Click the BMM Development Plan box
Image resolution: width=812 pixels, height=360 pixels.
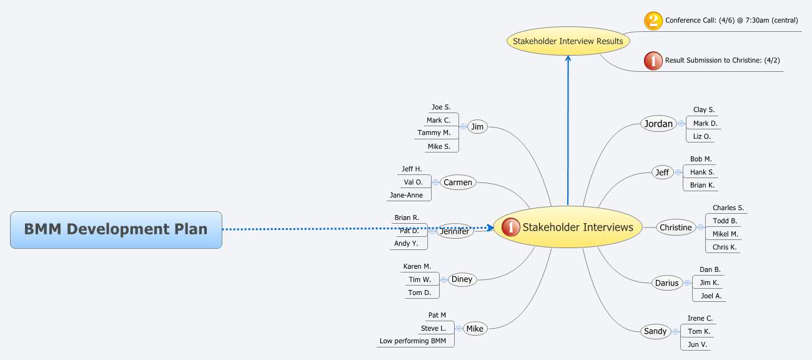tap(116, 229)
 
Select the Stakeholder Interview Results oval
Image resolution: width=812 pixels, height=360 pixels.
tap(568, 41)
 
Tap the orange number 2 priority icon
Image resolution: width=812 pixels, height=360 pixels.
tap(653, 21)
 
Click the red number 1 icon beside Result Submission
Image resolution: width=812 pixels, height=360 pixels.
tap(653, 61)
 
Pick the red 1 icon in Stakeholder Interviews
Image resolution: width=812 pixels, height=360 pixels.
tap(511, 227)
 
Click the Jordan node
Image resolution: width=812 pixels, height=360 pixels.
tap(658, 124)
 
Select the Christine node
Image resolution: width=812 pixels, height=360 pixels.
tap(676, 227)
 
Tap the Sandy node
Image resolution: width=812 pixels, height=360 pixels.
tap(655, 331)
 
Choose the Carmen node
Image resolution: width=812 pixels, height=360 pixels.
tap(458, 182)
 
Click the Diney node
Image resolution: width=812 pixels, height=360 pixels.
tap(462, 279)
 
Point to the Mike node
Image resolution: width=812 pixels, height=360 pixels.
tap(475, 329)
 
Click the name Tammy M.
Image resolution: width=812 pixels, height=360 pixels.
tap(434, 132)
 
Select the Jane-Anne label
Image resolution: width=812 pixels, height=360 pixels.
tap(406, 195)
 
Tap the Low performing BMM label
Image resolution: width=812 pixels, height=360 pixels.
tap(413, 341)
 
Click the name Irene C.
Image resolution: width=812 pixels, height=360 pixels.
tap(700, 319)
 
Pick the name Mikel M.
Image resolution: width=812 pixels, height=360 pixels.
tap(725, 234)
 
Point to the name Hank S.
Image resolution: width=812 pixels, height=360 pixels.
tap(702, 172)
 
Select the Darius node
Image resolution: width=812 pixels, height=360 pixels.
tap(666, 283)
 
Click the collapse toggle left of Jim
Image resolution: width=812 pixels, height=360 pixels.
tap(463, 126)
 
